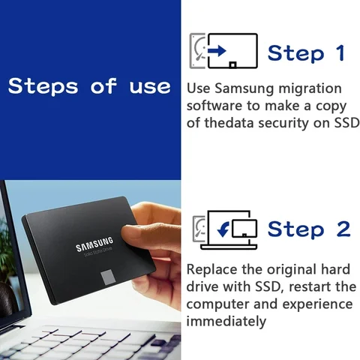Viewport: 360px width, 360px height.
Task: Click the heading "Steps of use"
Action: point(89,86)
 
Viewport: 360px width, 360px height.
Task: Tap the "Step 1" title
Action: point(306,53)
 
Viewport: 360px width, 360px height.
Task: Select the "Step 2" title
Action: point(308,229)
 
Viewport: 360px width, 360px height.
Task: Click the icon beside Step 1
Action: point(224,51)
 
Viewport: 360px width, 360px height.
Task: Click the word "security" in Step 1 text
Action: point(286,122)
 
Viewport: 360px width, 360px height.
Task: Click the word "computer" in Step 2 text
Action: point(216,304)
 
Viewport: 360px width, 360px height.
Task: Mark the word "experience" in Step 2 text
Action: point(316,304)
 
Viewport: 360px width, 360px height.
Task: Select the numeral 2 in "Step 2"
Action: point(342,229)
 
